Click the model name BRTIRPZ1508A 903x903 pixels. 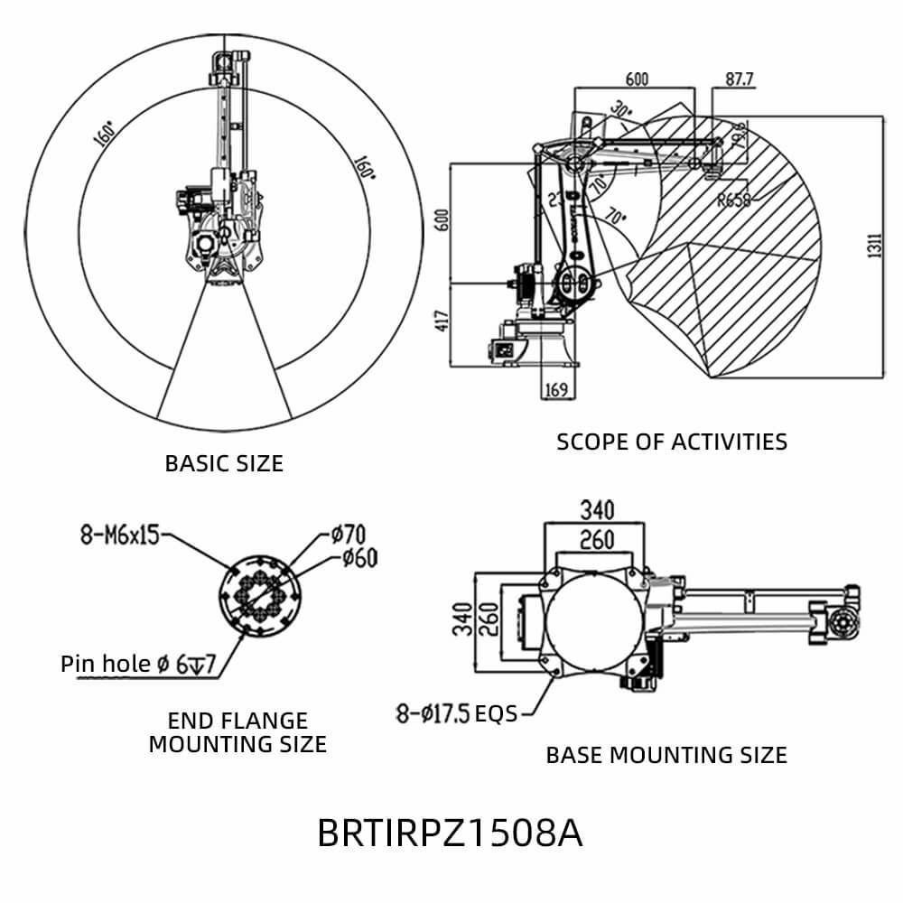click(x=450, y=833)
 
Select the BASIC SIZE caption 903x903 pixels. click(x=224, y=463)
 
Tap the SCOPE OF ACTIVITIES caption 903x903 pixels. click(x=671, y=442)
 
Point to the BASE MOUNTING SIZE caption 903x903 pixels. click(x=666, y=755)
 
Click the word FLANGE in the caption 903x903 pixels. click(x=237, y=721)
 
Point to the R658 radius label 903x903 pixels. click(x=733, y=200)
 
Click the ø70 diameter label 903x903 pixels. click(x=347, y=534)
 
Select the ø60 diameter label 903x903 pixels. click(x=358, y=558)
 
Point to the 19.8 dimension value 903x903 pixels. click(x=737, y=135)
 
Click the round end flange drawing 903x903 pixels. click(x=260, y=598)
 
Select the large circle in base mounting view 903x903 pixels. click(x=594, y=621)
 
